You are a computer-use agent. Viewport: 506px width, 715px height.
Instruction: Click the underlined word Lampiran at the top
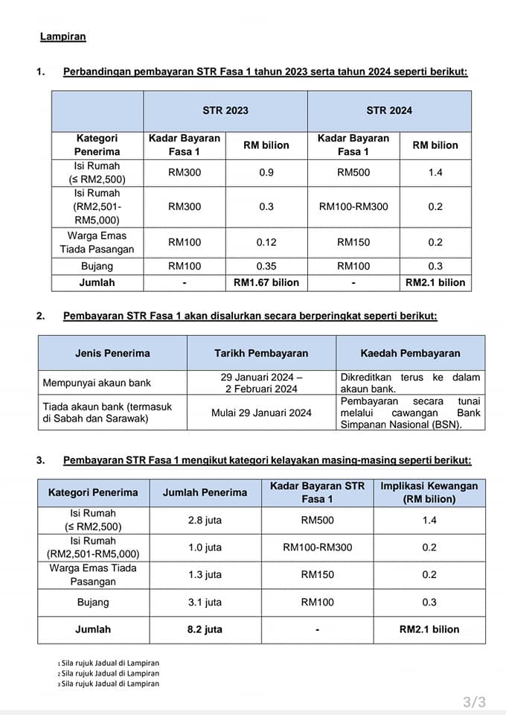(63, 36)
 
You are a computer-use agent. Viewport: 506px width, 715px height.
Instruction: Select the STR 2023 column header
(225, 111)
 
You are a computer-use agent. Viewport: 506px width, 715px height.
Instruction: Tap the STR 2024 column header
(388, 111)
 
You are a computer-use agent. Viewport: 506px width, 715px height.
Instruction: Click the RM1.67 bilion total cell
(266, 283)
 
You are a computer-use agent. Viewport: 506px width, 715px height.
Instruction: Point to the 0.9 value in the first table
(266, 173)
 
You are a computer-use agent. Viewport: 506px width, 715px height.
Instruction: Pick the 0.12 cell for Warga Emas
(266, 243)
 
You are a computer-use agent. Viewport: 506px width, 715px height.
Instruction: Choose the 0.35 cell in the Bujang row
(266, 266)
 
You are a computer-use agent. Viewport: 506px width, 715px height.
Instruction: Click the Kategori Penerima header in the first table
(97, 145)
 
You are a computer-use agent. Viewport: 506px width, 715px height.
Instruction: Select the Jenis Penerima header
(112, 353)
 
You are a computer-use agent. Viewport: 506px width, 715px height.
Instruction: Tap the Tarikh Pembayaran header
(261, 353)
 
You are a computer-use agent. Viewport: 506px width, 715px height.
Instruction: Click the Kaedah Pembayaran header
(410, 353)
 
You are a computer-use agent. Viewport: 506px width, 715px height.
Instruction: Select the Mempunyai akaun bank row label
(97, 383)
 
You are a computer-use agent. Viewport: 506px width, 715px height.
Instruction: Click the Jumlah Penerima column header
(205, 492)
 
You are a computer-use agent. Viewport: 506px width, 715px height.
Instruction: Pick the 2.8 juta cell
(205, 521)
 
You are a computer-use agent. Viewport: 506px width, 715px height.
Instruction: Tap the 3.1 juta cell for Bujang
(205, 603)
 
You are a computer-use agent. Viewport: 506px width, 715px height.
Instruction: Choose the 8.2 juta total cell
(205, 629)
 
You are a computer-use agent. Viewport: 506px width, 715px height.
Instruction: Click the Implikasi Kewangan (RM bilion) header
(429, 492)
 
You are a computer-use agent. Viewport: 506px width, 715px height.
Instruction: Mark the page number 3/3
(474, 702)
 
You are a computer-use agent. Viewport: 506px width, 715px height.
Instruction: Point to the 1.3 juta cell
(205, 575)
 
